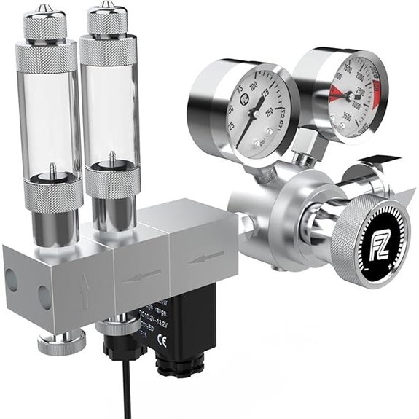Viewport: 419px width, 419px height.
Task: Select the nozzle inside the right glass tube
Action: click(x=112, y=161)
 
